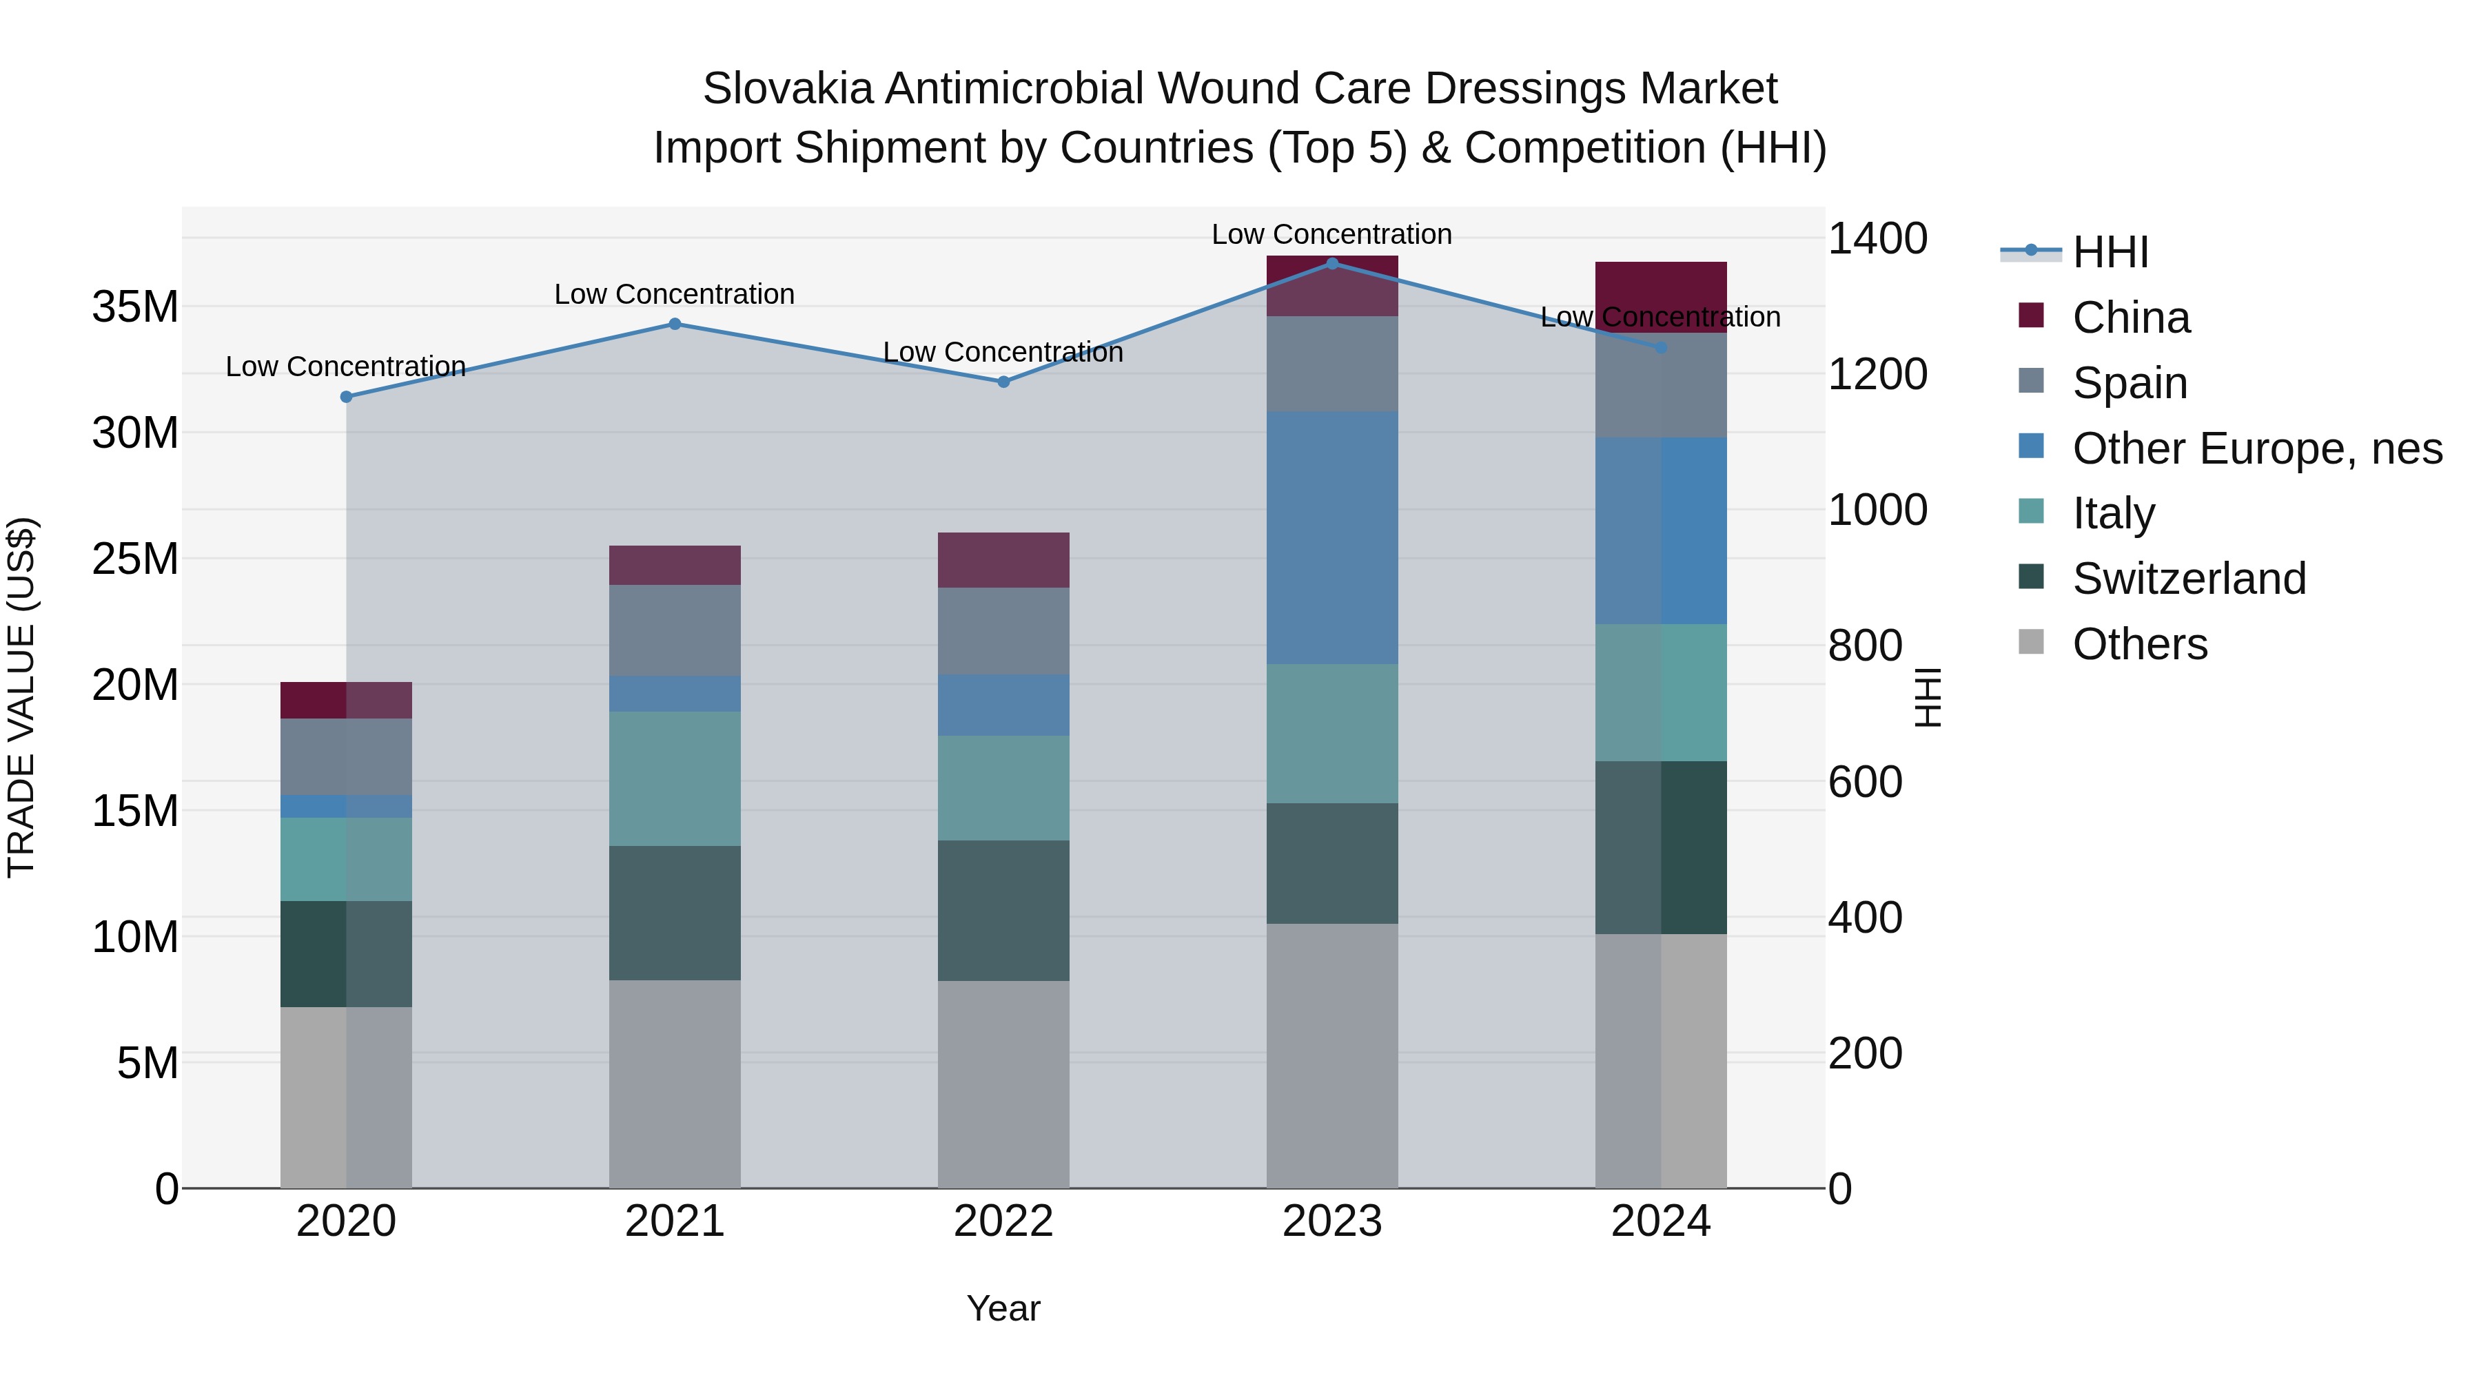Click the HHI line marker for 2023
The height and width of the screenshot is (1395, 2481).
tap(1332, 263)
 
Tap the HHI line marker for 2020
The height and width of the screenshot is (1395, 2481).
tap(346, 397)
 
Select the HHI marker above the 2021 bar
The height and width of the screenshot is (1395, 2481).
tap(674, 324)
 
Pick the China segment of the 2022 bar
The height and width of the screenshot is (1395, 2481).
tap(1003, 559)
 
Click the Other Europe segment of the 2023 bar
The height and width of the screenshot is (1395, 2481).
tap(1332, 537)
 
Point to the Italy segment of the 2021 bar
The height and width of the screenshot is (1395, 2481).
tap(674, 779)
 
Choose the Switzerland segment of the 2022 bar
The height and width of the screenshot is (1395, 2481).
tap(1003, 911)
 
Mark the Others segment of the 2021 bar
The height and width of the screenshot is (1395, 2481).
tap(674, 1084)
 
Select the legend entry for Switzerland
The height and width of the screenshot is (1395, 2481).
tap(2188, 579)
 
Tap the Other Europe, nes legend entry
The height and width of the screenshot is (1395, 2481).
tap(2256, 448)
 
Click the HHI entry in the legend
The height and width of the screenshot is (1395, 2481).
tap(2110, 252)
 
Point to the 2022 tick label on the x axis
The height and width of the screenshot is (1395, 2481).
tap(1003, 1221)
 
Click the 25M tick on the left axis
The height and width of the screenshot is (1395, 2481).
tap(135, 559)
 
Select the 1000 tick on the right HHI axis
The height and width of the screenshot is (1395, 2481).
tap(1877, 510)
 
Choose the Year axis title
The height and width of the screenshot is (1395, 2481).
tap(1003, 1308)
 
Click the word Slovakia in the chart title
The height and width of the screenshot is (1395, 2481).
tap(787, 89)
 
